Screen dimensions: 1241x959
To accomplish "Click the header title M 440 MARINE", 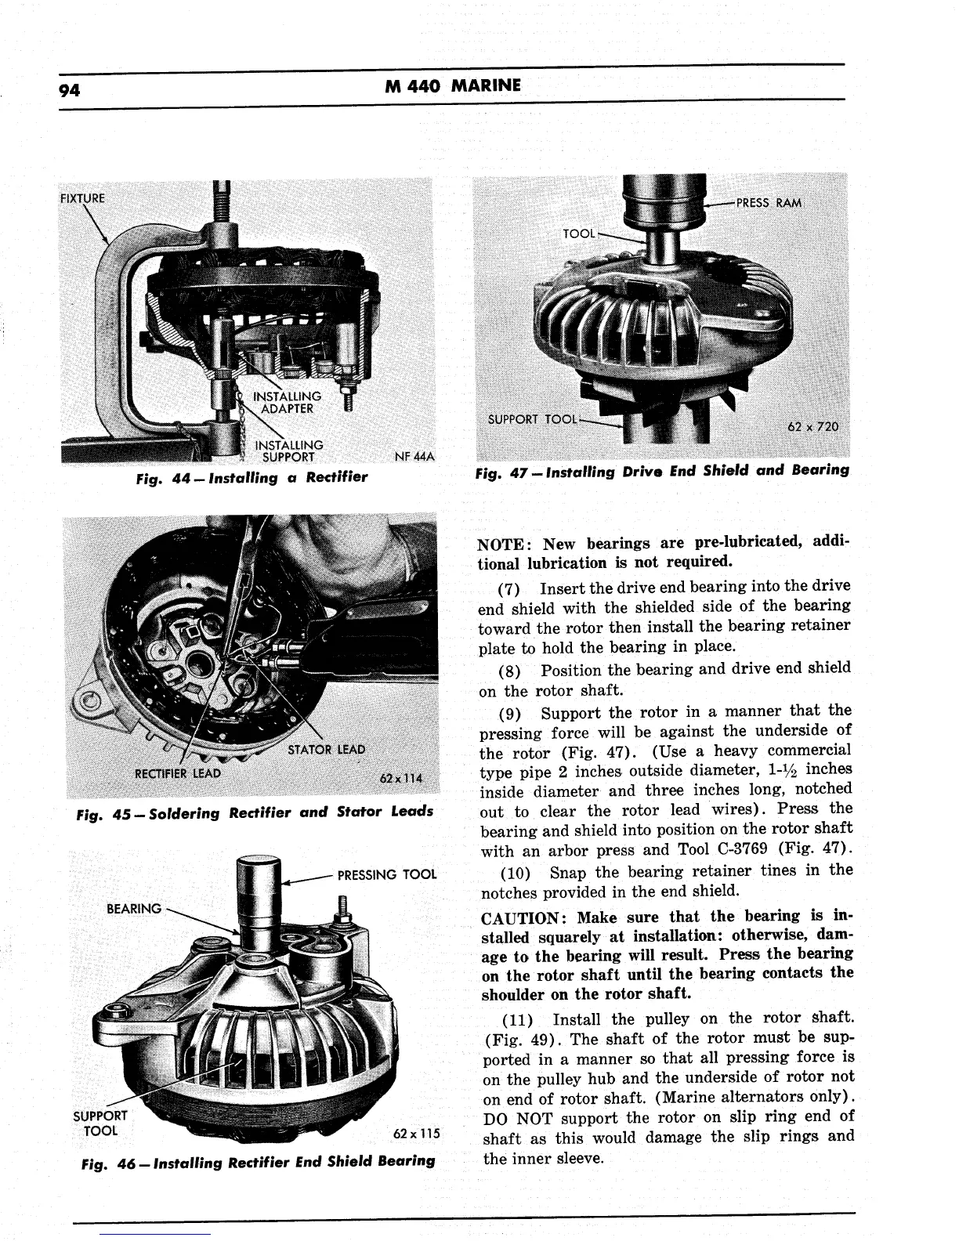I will pos(453,85).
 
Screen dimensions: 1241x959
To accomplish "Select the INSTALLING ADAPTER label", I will pos(286,402).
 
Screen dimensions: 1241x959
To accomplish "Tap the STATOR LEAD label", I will pos(326,749).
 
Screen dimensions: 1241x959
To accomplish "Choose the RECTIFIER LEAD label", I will pos(178,775).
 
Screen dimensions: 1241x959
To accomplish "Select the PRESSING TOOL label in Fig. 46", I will pos(386,874).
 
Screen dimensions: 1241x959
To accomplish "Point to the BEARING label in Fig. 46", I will pos(133,909).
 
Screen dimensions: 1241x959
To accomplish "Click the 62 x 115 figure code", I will pos(414,1133).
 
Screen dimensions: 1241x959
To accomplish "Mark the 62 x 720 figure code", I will pos(812,427).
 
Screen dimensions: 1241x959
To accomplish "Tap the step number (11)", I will pos(516,1019).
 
